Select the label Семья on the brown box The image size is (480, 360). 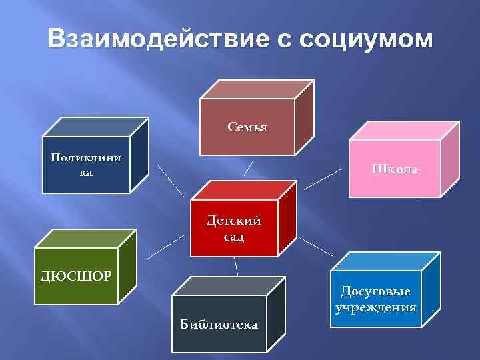[247, 127]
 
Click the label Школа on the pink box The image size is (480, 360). [395, 169]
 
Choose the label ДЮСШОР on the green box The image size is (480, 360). [75, 275]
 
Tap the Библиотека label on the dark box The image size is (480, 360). [219, 325]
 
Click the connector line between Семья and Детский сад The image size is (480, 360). [249, 167]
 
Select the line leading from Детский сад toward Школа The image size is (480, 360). [323, 179]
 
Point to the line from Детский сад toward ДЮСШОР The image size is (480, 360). [165, 247]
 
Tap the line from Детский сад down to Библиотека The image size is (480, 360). [236, 267]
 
